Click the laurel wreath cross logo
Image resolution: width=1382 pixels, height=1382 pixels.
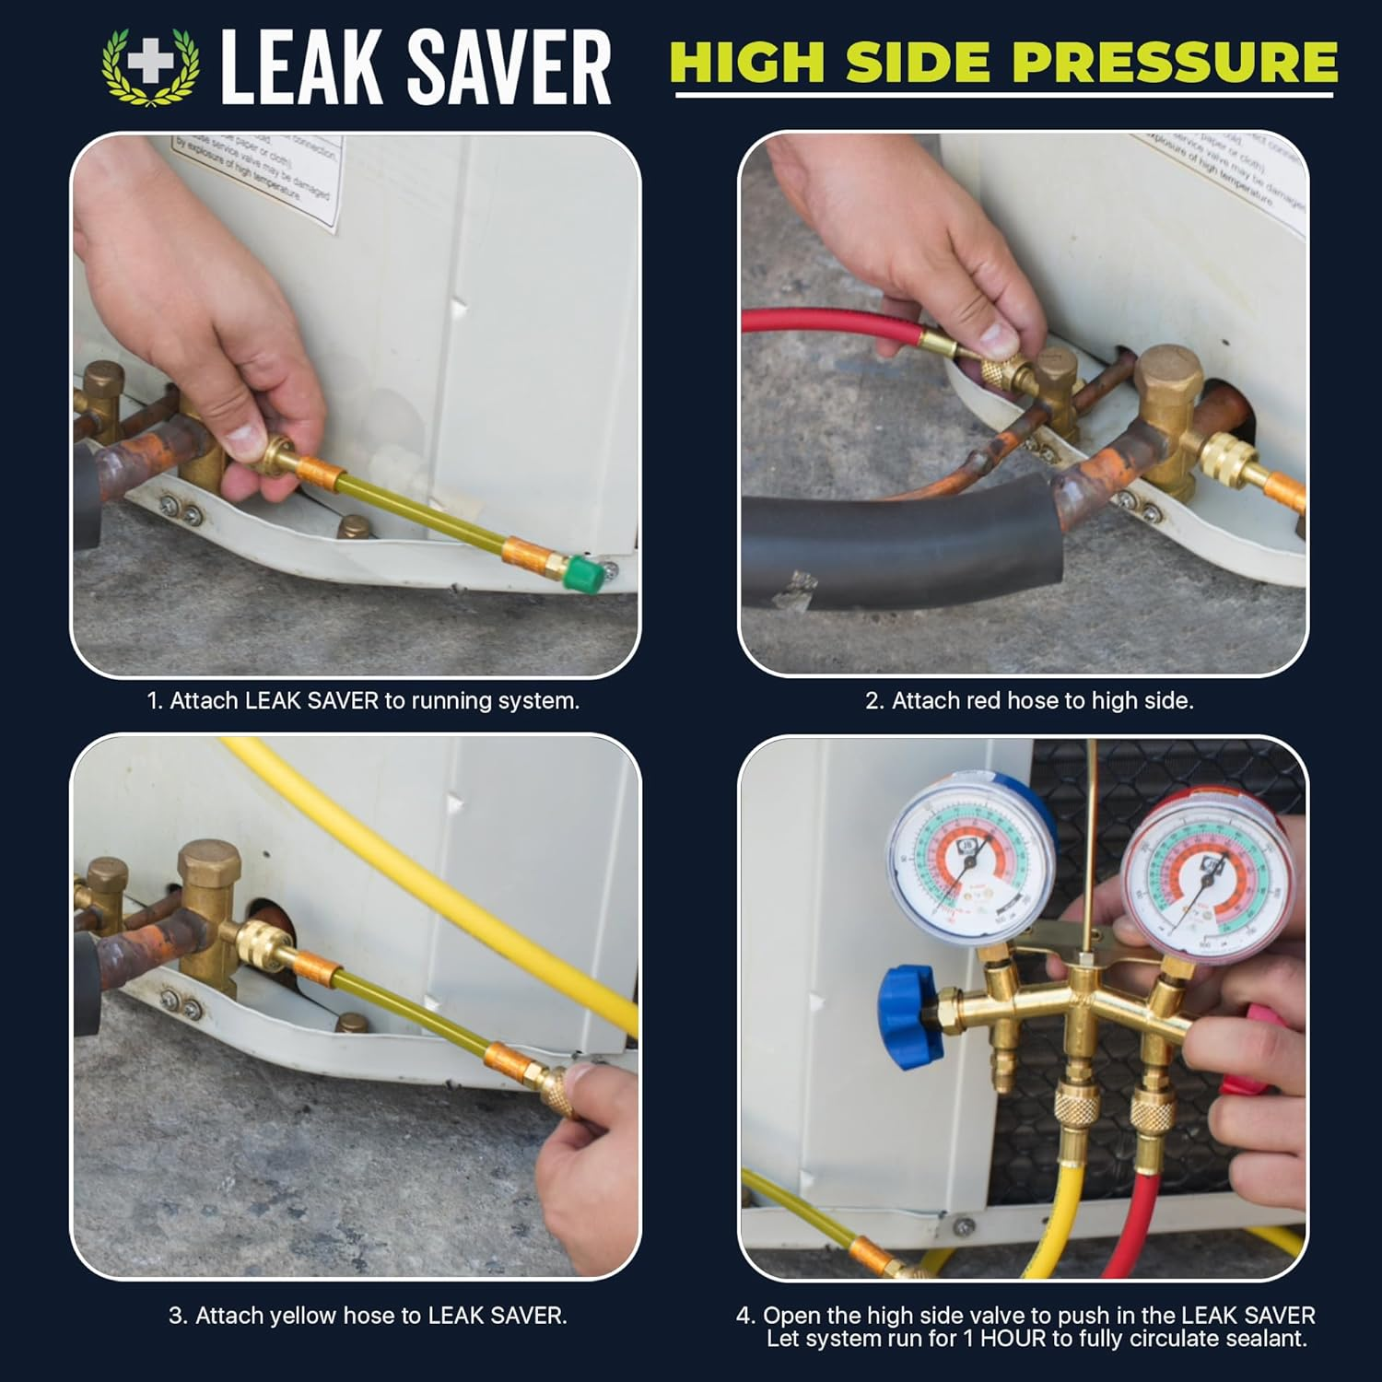coord(150,65)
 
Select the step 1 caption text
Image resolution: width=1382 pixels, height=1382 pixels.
coord(363,701)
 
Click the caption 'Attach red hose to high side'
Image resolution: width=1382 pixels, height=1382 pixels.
coord(1028,701)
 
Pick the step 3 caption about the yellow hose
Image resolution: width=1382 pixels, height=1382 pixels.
coord(368,1316)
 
